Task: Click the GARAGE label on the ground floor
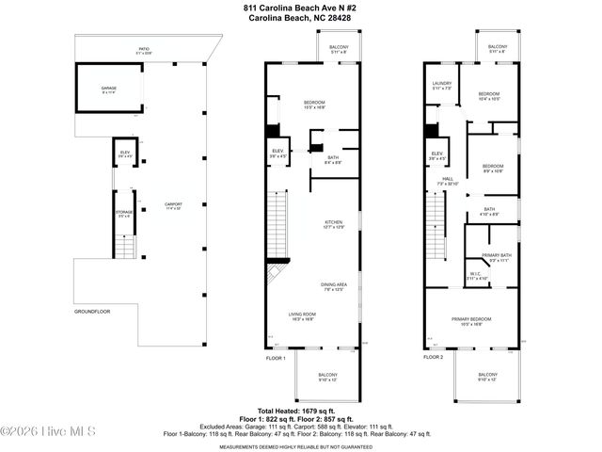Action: tap(109, 88)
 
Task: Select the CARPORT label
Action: tap(172, 205)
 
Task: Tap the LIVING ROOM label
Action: tap(302, 317)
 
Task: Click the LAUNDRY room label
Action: tap(442, 84)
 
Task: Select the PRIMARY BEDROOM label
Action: tap(472, 321)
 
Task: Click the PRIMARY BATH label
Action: tap(496, 258)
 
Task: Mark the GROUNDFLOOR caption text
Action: tap(95, 311)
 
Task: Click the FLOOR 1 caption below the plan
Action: tap(275, 357)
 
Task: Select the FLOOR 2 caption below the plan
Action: tap(433, 357)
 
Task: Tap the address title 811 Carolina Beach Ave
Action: tap(300, 8)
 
